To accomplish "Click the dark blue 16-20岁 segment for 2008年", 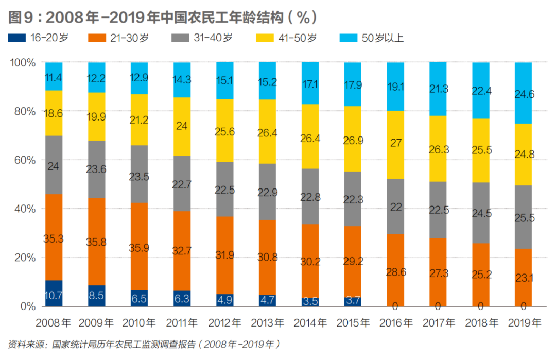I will click(54, 293).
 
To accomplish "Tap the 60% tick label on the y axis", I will click(24, 160).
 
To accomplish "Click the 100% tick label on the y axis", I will click(22, 63).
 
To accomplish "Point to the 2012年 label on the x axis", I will click(224, 323).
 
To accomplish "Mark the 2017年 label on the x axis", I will click(438, 323).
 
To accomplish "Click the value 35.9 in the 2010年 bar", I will click(139, 247).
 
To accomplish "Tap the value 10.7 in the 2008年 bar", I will click(54, 296).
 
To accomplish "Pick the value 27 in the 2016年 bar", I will click(395, 143).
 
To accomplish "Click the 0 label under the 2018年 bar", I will click(480, 306).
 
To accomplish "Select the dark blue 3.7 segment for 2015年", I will click(353, 301).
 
